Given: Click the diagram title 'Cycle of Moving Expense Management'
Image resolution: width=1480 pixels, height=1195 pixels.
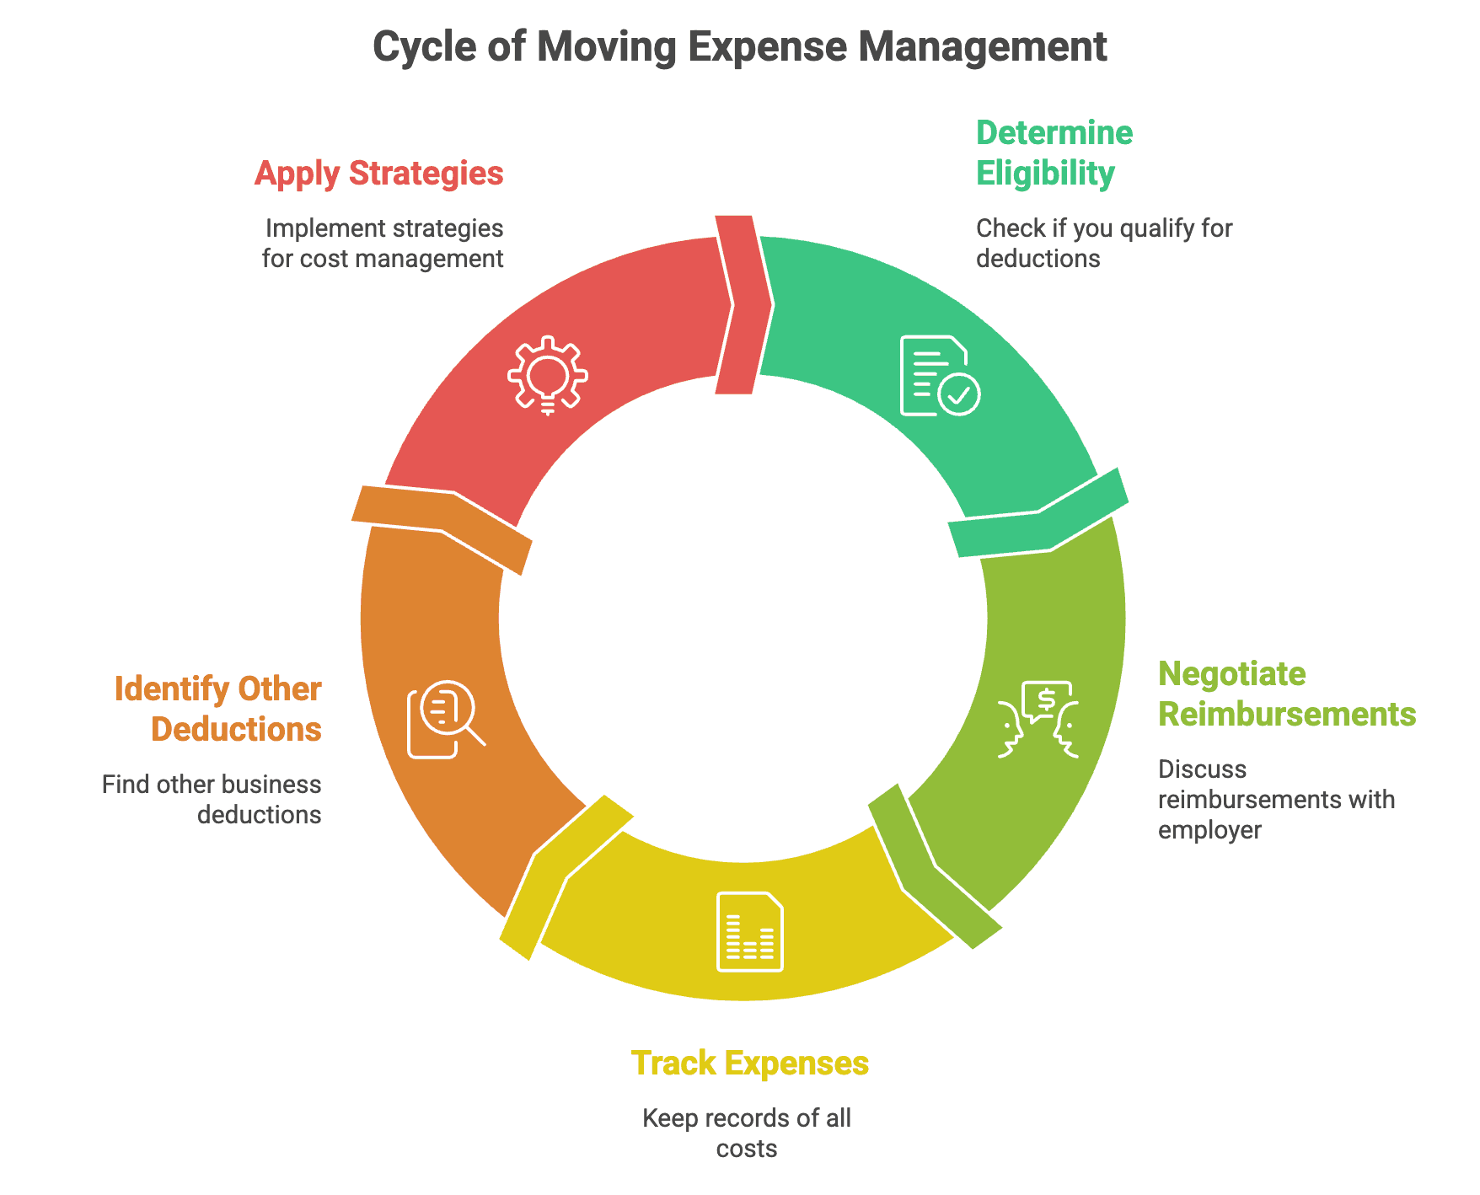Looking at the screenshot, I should pyautogui.click(x=739, y=47).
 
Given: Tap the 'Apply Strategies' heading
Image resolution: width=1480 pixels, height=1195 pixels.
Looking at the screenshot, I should pyautogui.click(x=378, y=174).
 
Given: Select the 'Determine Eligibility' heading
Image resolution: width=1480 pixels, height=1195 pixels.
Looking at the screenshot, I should pyautogui.click(x=1054, y=153).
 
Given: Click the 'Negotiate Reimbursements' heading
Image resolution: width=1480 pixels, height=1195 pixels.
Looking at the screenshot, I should pyautogui.click(x=1286, y=694).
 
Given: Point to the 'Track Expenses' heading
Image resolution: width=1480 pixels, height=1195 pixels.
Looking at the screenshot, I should pyautogui.click(x=749, y=1064).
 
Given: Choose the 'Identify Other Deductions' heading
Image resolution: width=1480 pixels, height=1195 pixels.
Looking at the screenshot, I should pyautogui.click(x=218, y=710).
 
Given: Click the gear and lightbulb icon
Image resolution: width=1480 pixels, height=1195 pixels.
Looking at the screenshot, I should pyautogui.click(x=548, y=376).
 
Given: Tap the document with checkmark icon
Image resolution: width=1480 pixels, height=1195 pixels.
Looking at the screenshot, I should pyautogui.click(x=939, y=376).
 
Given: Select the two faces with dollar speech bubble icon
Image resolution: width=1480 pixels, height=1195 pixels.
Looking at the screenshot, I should pyautogui.click(x=1038, y=719).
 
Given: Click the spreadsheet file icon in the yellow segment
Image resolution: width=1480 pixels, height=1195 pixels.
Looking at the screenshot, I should pyautogui.click(x=749, y=931).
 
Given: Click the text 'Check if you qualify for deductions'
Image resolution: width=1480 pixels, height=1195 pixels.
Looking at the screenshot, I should pyautogui.click(x=1103, y=243).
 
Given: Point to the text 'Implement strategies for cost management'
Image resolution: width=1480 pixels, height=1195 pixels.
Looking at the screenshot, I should pyautogui.click(x=383, y=243).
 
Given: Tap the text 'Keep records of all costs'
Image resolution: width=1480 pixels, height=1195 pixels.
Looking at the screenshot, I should pyautogui.click(x=747, y=1133).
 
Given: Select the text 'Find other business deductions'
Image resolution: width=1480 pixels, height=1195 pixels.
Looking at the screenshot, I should pyautogui.click(x=212, y=799).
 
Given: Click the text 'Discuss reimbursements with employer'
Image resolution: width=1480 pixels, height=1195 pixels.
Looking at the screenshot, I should pyautogui.click(x=1276, y=799).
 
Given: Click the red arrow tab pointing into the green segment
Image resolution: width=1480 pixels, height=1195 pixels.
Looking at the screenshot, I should pyautogui.click(x=743, y=303).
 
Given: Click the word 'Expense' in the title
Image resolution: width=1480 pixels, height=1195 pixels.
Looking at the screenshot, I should pyautogui.click(x=767, y=47).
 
